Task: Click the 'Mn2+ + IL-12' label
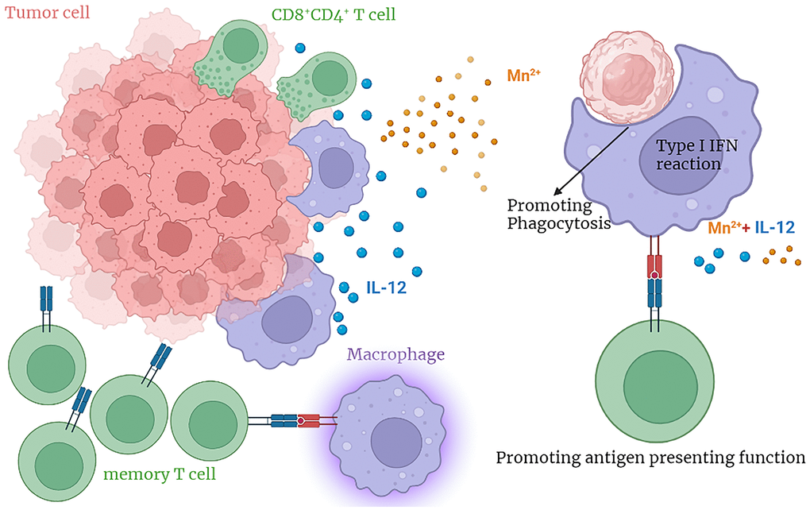(751, 227)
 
